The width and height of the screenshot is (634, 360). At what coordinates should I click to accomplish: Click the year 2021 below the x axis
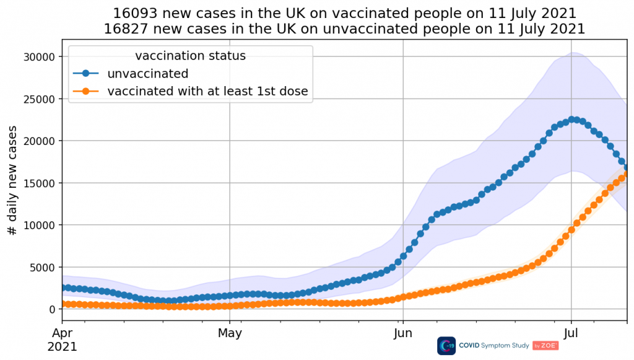[62, 348]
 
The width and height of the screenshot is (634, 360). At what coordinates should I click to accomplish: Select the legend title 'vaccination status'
[190, 56]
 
